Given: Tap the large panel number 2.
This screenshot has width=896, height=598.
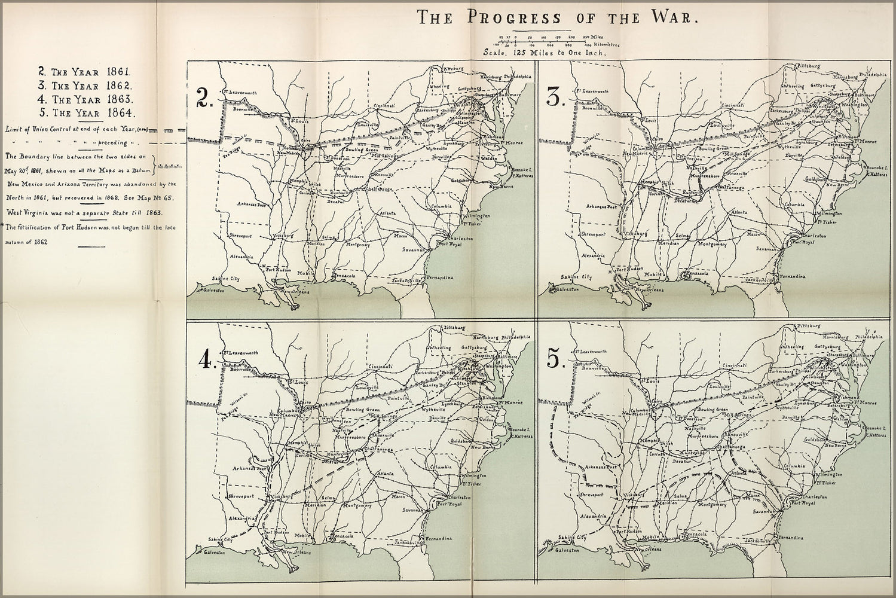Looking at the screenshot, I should click(205, 99).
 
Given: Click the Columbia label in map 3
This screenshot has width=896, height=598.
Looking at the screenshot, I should click(796, 205).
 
